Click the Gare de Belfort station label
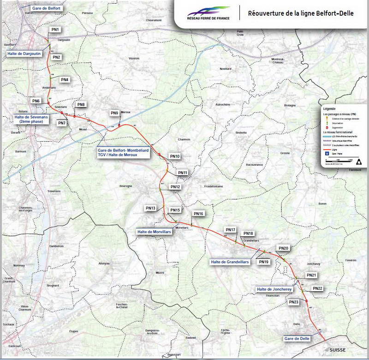point(47,8)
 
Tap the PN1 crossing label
point(55,30)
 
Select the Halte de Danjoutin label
point(24,54)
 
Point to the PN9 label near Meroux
point(114,113)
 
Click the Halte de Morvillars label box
point(154,232)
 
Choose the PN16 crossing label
point(198,214)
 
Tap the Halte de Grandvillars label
point(230,262)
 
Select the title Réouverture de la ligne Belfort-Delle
point(301,13)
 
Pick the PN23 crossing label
point(294,302)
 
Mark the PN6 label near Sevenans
point(36,101)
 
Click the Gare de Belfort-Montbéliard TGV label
point(124,153)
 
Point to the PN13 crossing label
point(151,208)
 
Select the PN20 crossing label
point(284,249)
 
